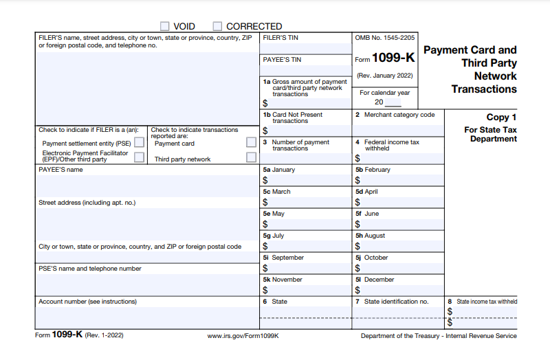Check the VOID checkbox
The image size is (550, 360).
point(165,26)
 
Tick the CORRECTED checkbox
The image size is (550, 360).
point(217,26)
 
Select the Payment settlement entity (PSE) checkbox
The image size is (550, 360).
point(140,143)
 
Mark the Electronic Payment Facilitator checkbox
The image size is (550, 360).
point(140,157)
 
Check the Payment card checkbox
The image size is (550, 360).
point(252,143)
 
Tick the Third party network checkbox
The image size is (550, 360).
point(252,157)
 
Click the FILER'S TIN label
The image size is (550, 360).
point(280,38)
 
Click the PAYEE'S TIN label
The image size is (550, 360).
point(282,60)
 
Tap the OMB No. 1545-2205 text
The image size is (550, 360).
point(385,38)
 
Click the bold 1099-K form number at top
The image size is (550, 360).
point(393,58)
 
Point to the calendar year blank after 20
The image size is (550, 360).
point(393,102)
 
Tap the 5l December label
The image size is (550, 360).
point(375,280)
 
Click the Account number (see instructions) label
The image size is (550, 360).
point(87,302)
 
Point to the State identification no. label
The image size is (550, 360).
point(395,302)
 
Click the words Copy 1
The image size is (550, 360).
point(501,117)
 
